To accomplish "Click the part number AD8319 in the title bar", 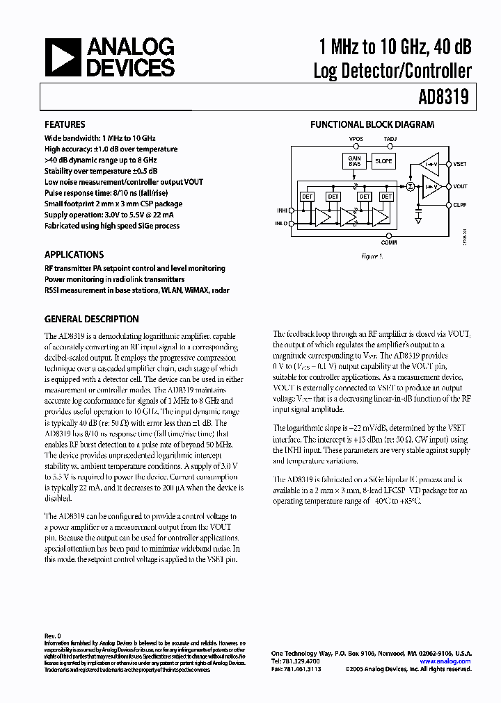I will [444, 98].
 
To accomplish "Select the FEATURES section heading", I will [65, 125].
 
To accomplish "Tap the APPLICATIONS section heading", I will [74, 254].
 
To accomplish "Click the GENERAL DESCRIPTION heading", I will [91, 320].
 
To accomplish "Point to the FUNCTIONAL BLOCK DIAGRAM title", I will [372, 125].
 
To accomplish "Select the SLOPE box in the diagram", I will [383, 160].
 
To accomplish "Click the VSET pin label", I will [460, 165].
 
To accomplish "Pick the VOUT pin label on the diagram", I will [460, 186].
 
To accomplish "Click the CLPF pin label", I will [460, 206].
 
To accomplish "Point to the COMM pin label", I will [390, 242].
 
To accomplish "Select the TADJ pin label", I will [391, 139].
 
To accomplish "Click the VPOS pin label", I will [356, 139].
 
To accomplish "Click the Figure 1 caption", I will [372, 256].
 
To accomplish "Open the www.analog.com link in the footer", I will [451, 661].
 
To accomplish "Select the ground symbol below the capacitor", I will [418, 218].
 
